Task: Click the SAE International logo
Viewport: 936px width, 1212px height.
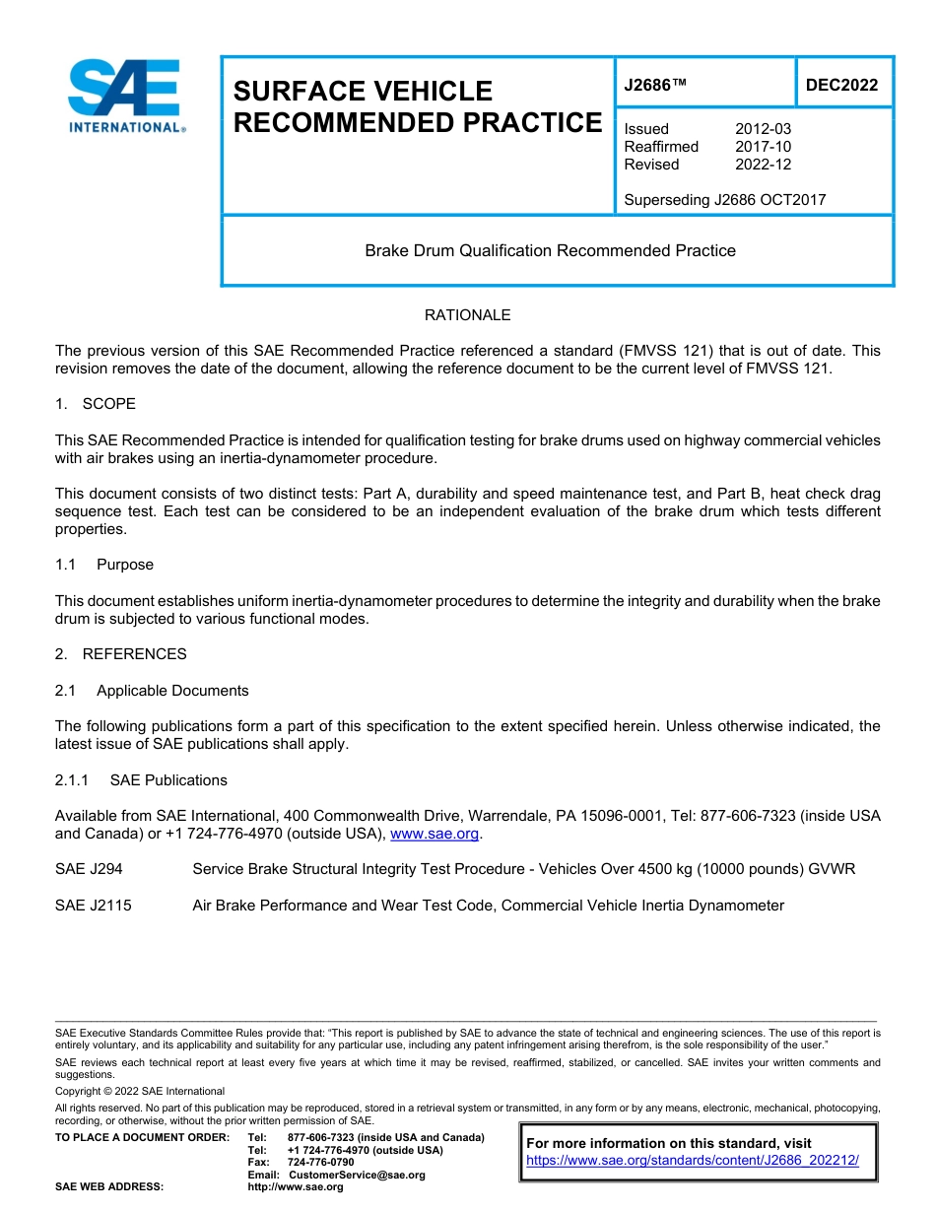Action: [x=126, y=97]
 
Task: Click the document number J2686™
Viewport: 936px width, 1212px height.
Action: [x=655, y=86]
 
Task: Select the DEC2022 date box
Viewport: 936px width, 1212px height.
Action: [x=841, y=86]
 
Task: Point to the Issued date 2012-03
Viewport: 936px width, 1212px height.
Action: [x=763, y=129]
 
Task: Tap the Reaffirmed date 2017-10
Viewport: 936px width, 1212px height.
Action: [x=763, y=147]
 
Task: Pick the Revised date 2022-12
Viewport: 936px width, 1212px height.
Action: [x=763, y=165]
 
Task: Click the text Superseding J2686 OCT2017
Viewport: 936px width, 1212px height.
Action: [x=724, y=200]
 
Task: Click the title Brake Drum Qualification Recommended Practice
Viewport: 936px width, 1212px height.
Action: [x=550, y=250]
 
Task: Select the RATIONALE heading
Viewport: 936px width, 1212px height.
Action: [x=467, y=315]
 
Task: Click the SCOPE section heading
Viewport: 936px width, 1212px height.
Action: [x=108, y=404]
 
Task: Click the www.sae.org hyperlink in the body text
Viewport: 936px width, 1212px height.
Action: [x=435, y=834]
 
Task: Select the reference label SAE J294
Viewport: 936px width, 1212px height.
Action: [x=89, y=869]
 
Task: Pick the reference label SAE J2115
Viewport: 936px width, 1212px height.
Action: [x=93, y=906]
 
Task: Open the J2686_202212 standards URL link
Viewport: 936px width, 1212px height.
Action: [x=693, y=1161]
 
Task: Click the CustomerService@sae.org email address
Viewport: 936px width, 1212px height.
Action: [x=357, y=1175]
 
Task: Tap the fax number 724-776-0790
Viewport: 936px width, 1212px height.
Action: [x=320, y=1163]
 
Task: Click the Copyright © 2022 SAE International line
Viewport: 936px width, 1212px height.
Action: [x=140, y=1091]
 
